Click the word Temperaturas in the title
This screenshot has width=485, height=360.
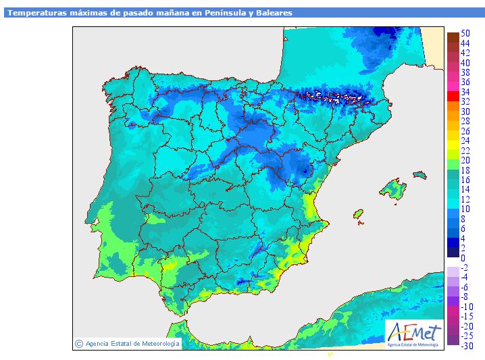(37, 13)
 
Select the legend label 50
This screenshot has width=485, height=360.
(465, 33)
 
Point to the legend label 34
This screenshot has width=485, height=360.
(465, 92)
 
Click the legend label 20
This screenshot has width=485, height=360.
(465, 160)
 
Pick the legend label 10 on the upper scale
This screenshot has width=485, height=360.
(465, 209)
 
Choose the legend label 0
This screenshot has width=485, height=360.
(463, 258)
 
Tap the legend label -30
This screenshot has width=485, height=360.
(467, 346)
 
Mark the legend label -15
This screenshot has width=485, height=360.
(467, 316)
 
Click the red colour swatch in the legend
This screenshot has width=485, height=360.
(453, 96)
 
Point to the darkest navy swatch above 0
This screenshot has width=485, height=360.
(453, 252)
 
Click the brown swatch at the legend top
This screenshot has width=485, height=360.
(453, 37)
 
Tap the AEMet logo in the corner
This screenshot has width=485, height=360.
(414, 335)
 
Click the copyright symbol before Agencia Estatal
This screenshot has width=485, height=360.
(79, 344)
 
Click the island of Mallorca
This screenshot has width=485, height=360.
(392, 188)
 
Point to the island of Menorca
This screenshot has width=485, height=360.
(419, 175)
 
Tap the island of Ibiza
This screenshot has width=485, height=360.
(358, 213)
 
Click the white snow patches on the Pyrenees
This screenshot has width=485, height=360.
(332, 97)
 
